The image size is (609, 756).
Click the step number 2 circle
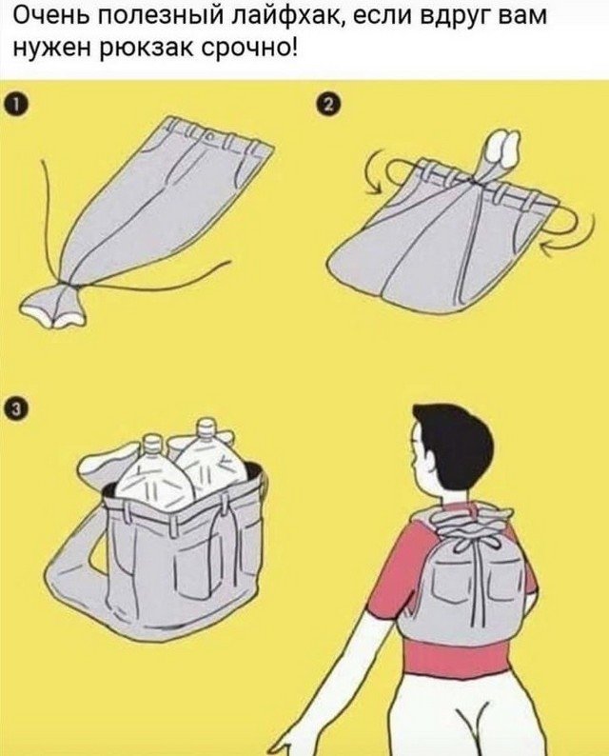(325, 105)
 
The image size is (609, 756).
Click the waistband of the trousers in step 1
(217, 134)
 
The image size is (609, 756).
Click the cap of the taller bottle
(206, 427)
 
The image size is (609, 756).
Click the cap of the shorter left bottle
(152, 442)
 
